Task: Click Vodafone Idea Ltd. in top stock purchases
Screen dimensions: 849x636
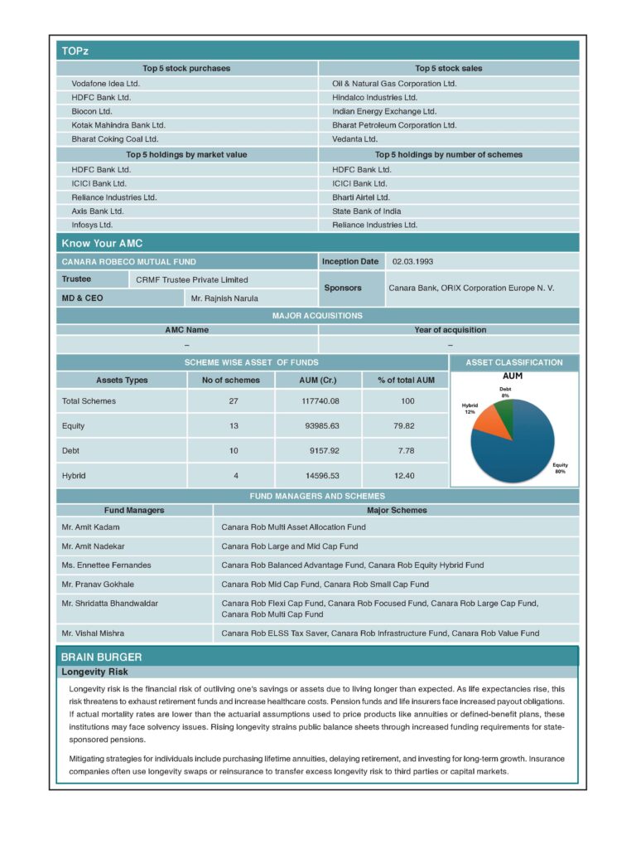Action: (x=105, y=83)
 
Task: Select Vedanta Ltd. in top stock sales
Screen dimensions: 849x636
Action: (x=354, y=138)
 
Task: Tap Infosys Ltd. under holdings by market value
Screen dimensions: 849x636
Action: (x=92, y=225)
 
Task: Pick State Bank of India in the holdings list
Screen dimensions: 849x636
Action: (x=366, y=211)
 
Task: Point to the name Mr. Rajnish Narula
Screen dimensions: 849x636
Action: (x=224, y=298)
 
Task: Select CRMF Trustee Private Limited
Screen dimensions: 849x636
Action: (x=191, y=279)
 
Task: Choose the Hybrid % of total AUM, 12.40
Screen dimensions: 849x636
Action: (x=404, y=475)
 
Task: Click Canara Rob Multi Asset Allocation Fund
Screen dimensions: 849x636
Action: (x=293, y=526)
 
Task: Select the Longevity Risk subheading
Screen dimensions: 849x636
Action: (x=94, y=672)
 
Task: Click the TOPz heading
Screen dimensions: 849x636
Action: (x=75, y=51)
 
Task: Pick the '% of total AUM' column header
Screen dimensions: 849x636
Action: (x=406, y=380)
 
